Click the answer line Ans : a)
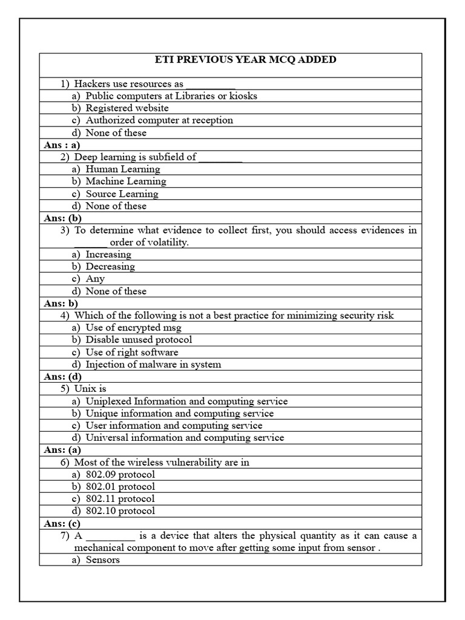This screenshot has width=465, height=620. point(62,145)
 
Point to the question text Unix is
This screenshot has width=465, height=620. point(90,389)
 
